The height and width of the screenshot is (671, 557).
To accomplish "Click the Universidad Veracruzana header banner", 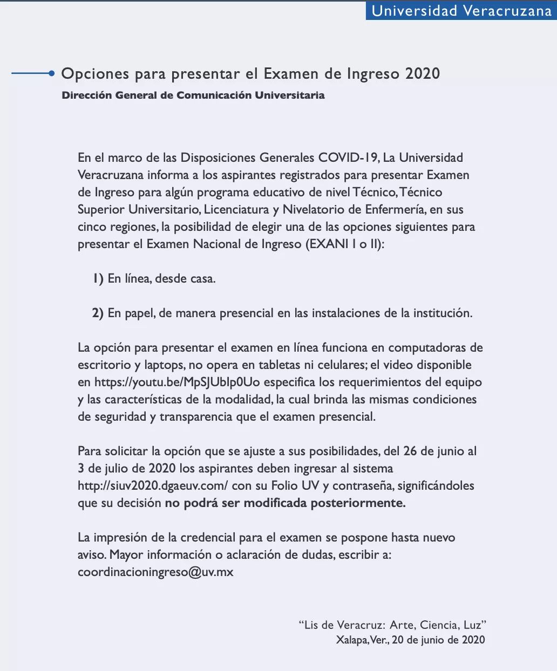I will [461, 11].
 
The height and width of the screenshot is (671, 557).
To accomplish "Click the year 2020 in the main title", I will [423, 73].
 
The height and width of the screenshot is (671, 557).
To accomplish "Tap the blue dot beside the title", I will [51, 73].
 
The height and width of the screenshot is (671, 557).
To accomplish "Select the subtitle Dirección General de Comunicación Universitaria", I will [193, 95].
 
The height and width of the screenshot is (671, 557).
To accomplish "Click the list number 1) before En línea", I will [98, 279].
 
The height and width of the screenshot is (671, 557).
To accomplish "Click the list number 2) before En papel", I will [98, 313].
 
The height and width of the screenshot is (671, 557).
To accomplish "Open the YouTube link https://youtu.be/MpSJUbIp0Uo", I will [177, 382].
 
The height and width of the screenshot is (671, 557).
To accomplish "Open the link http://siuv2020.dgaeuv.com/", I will [153, 486].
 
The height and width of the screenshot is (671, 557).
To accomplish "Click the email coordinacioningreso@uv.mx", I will [155, 572].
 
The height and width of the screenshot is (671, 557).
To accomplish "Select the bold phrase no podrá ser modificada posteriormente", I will [285, 503].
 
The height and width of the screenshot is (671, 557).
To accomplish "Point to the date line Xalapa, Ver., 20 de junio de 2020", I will [410, 640].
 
